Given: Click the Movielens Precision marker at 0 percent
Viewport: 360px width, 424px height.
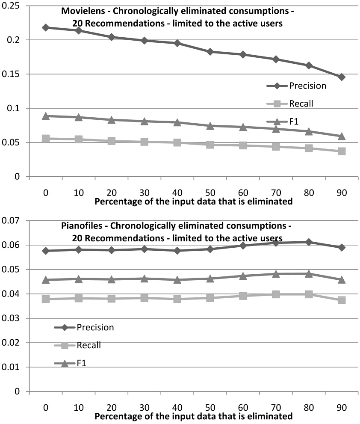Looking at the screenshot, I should (45, 27).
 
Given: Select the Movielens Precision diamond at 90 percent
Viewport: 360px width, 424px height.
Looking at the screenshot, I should (342, 77).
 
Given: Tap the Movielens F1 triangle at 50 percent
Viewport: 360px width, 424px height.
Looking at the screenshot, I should (210, 126).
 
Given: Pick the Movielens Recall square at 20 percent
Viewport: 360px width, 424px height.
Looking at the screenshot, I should (111, 141).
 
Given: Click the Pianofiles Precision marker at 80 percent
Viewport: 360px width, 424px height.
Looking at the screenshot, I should (309, 242).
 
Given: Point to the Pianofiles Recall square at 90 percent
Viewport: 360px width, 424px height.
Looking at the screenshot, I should (342, 300).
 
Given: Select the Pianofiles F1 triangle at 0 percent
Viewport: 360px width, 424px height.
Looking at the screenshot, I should (45, 280).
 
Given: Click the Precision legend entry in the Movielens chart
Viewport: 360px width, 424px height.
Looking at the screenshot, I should (295, 86).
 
